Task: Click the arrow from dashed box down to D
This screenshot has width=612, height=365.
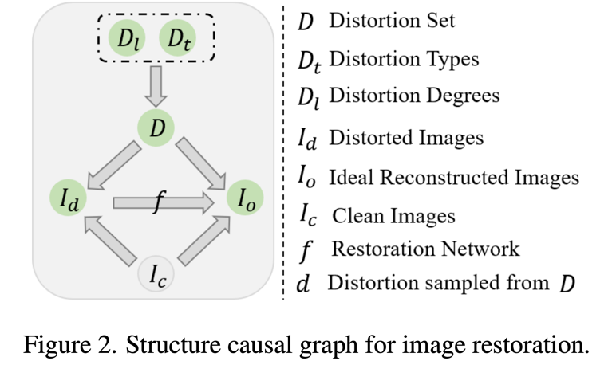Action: tap(156, 85)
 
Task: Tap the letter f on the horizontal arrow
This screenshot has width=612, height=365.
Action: tap(157, 203)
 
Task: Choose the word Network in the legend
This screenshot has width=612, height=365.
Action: tap(479, 249)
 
